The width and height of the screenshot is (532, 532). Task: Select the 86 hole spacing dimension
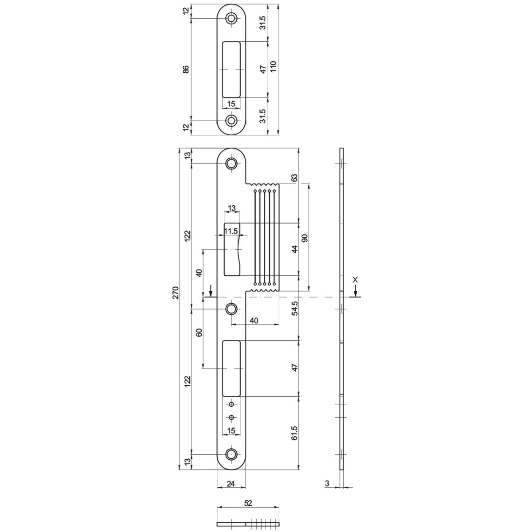tap(186, 69)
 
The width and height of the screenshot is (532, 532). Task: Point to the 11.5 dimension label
tap(231, 231)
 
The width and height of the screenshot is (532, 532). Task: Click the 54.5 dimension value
tap(295, 308)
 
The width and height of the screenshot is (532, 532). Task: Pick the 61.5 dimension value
tap(295, 433)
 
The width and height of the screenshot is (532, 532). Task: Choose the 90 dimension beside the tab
tap(305, 238)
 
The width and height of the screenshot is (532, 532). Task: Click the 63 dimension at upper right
tap(295, 177)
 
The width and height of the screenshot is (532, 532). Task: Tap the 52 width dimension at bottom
tap(248, 503)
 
